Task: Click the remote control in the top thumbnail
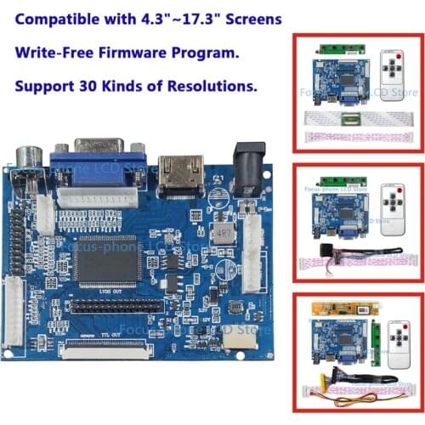click(x=392, y=76)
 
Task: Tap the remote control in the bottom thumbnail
click(x=396, y=343)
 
